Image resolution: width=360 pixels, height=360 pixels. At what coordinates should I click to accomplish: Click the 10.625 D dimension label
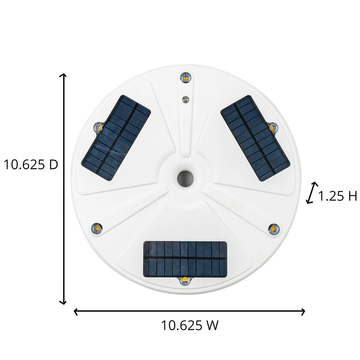pyautogui.click(x=31, y=165)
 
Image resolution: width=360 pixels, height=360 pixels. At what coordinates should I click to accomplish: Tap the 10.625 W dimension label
pyautogui.click(x=190, y=325)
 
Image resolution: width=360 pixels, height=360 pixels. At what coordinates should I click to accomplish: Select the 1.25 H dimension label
pyautogui.click(x=337, y=196)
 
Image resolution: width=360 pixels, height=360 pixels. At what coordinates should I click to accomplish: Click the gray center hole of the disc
pyautogui.click(x=185, y=178)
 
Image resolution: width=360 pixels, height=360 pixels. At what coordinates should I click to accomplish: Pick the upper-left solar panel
pyautogui.click(x=116, y=138)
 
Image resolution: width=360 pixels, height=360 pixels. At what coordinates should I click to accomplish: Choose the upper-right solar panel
pyautogui.click(x=255, y=138)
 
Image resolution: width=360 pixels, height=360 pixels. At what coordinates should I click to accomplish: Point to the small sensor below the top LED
pyautogui.click(x=186, y=99)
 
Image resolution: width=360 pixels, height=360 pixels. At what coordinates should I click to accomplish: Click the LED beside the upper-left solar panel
pyautogui.click(x=98, y=128)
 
